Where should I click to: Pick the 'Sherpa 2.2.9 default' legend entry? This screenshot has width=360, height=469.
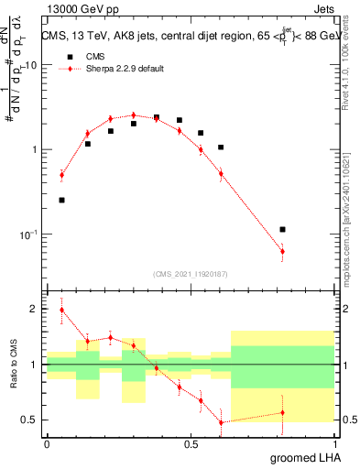click(x=125, y=69)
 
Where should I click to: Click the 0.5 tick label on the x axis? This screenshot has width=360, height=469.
click(x=191, y=444)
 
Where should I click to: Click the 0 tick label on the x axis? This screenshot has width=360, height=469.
click(x=47, y=444)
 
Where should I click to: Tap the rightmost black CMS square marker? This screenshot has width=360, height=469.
click(x=282, y=229)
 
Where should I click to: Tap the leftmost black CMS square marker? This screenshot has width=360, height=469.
click(x=61, y=200)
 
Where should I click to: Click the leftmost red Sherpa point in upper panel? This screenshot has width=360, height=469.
click(x=61, y=174)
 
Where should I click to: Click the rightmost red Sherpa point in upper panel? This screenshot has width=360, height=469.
click(x=282, y=251)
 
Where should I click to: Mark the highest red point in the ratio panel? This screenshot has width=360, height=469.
click(x=61, y=310)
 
